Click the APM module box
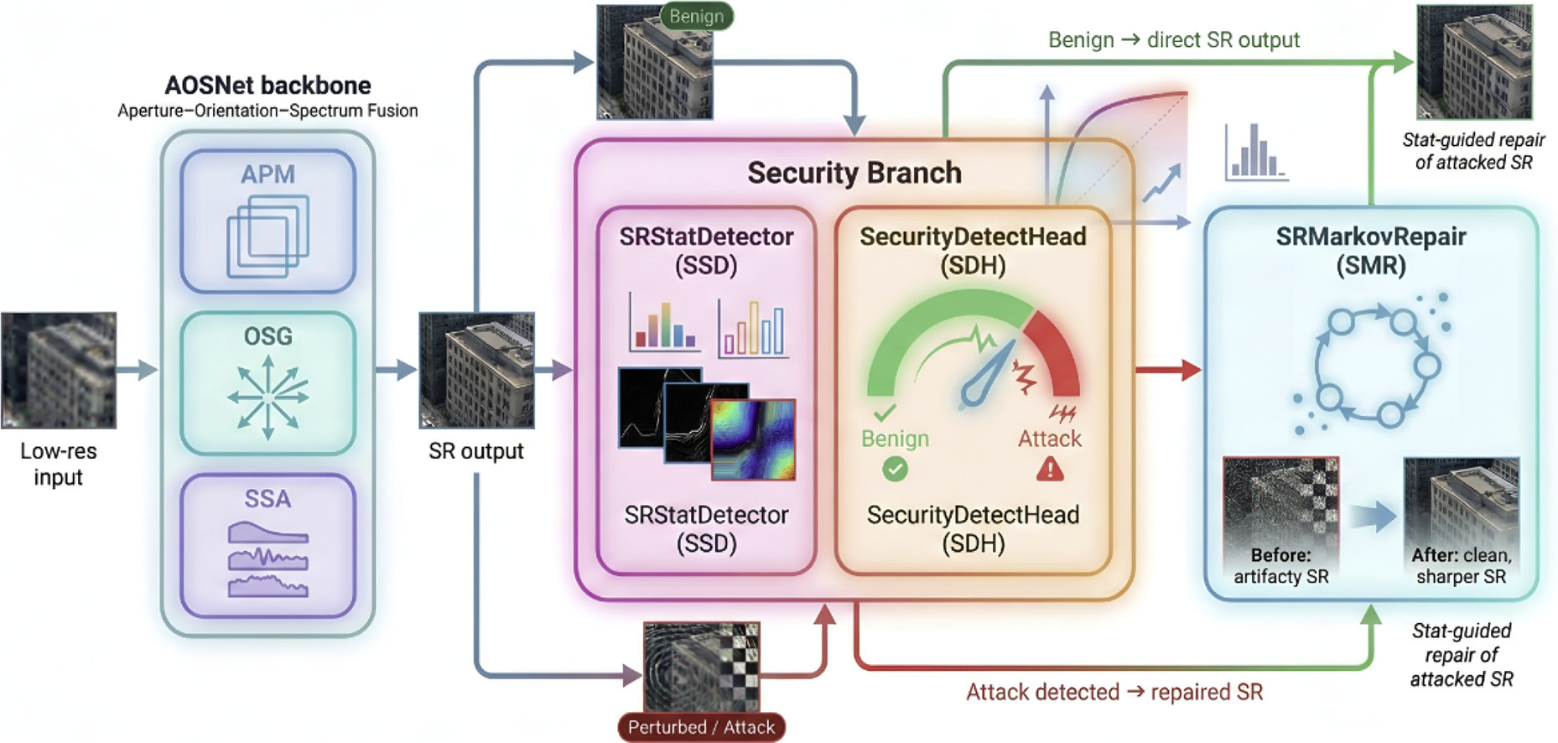pos(267,221)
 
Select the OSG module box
pos(267,383)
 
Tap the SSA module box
pos(267,545)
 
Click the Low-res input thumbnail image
pos(58,370)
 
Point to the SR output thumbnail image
pos(476,370)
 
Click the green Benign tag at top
pos(696,16)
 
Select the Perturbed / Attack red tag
pos(701,727)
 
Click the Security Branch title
pos(854,173)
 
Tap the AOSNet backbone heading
pos(267,86)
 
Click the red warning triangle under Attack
pos(1050,470)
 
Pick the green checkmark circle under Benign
pos(895,470)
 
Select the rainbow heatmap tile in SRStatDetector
pos(753,439)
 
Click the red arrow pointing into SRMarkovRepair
pos(1169,369)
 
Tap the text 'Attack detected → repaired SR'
pos(1114,692)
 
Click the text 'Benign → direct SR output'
pos(1173,40)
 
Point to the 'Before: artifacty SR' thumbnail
pos(1280,521)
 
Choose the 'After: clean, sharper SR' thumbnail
pos(1461,521)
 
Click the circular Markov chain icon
pos(1372,366)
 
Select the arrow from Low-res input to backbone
pos(137,369)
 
